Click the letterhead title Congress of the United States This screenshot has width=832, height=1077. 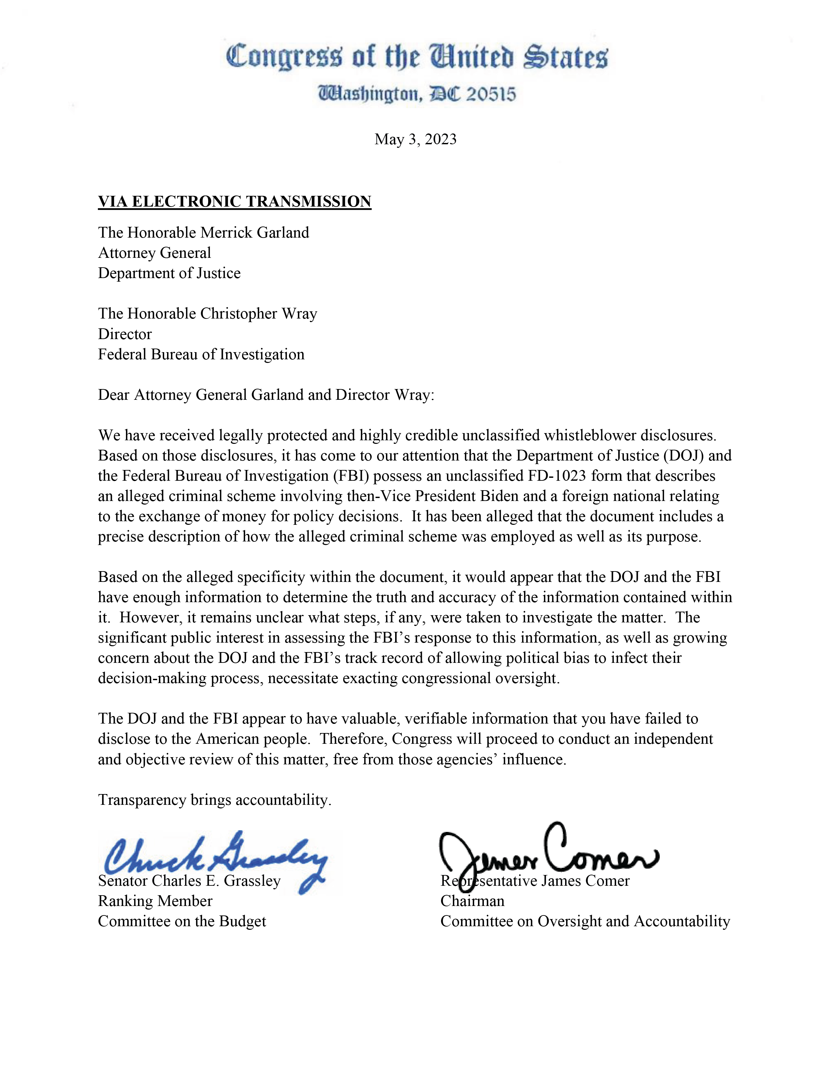(417, 57)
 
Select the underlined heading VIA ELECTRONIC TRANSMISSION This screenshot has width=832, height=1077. (234, 202)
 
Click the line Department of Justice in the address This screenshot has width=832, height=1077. (169, 273)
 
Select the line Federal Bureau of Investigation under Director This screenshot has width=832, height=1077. (201, 354)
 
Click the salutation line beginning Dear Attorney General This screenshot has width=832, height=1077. (266, 395)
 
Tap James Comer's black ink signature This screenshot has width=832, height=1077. (547, 856)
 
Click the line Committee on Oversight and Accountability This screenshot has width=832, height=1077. (585, 921)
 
